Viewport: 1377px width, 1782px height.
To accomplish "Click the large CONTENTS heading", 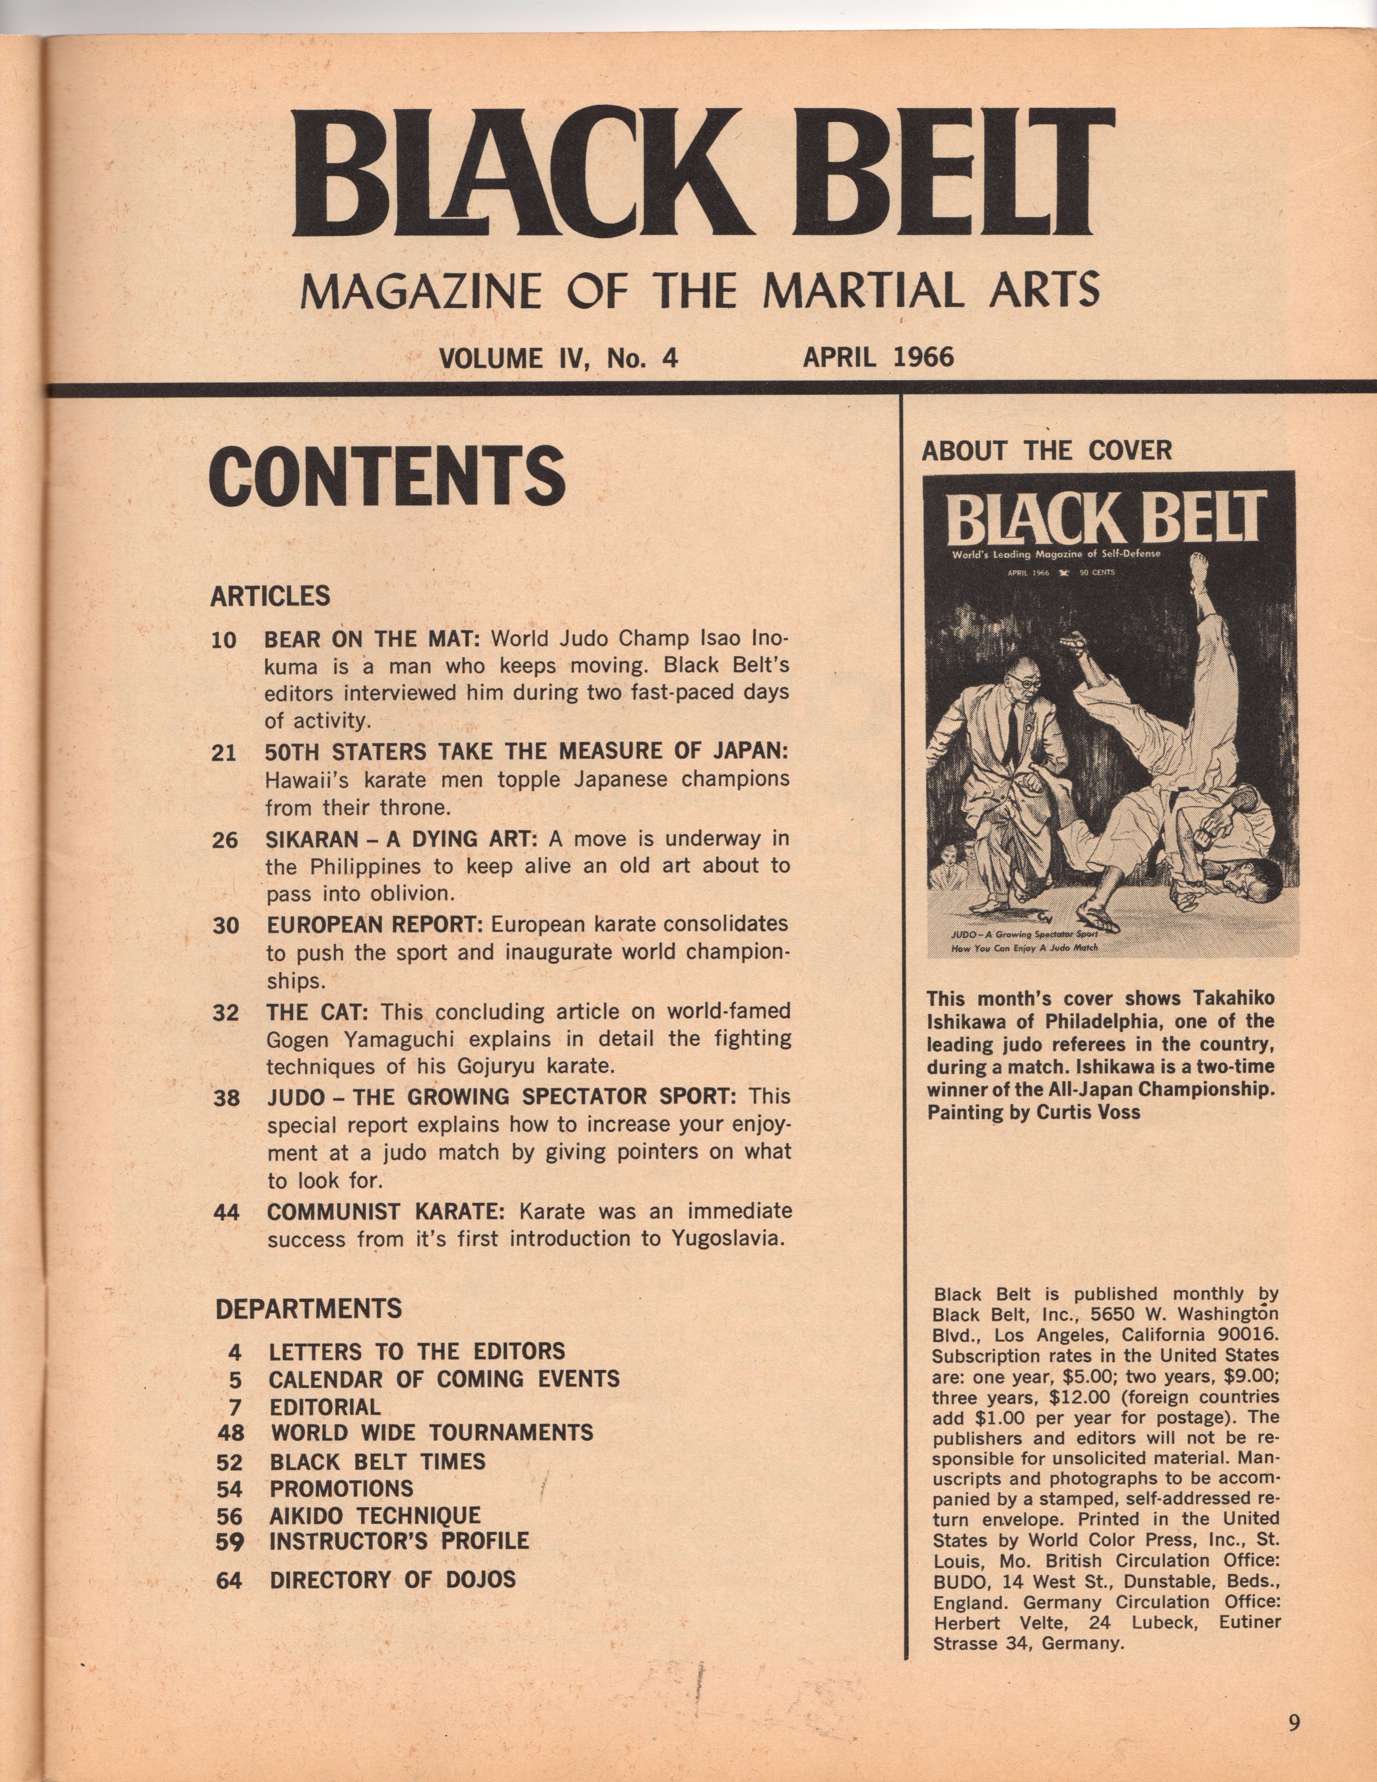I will pos(388,477).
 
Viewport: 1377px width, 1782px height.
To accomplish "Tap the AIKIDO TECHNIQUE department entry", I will pos(375,1516).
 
